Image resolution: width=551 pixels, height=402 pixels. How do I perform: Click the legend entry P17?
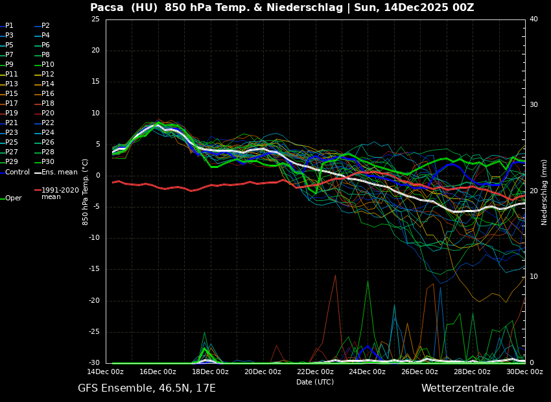pos(12,104)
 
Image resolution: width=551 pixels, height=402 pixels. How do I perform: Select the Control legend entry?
pos(18,172)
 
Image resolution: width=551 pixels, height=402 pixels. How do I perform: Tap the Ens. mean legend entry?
pos(59,172)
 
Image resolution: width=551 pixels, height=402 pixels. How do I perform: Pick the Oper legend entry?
pos(13,198)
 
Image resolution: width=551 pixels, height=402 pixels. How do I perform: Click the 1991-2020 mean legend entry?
pos(60,193)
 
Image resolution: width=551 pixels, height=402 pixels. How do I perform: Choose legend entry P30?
pos(48,162)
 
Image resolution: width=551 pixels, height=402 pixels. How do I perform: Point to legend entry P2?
pos(45,26)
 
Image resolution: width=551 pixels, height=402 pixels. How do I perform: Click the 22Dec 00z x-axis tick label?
pos(315,372)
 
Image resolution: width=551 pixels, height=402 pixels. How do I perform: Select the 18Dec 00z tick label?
pos(210,372)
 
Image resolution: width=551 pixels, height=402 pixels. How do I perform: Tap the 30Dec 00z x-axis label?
pos(524,372)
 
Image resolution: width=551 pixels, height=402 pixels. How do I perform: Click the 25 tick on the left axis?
pos(95,19)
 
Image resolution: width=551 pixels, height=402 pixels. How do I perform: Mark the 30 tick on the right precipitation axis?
pos(533,105)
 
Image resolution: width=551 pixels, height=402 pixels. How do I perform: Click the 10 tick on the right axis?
pos(533,277)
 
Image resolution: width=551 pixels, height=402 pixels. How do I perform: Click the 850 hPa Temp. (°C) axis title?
pos(86,191)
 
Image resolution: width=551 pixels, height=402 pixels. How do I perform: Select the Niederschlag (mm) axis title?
pos(545,192)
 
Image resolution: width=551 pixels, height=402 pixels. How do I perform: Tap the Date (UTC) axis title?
pos(315,382)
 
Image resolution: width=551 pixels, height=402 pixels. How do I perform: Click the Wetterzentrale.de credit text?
pos(467,388)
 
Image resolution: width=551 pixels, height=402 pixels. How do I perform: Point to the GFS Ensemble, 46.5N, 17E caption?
pos(147,388)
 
